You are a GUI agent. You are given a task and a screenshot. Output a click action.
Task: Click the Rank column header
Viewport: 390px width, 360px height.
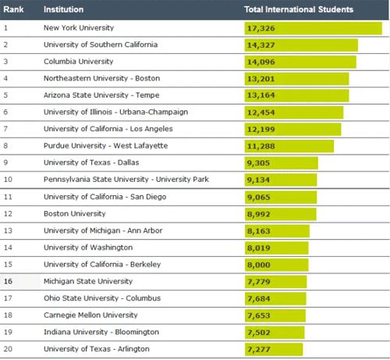pos(13,9)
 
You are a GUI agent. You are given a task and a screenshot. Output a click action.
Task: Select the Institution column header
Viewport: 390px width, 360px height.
pos(64,9)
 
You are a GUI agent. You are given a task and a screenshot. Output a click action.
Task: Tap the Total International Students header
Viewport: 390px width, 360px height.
pos(299,9)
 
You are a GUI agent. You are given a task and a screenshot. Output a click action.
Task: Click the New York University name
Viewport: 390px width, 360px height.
pos(79,27)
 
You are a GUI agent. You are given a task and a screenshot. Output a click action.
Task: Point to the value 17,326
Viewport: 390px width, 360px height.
pos(261,28)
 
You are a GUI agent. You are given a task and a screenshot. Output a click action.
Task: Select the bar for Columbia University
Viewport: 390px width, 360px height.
pos(300,62)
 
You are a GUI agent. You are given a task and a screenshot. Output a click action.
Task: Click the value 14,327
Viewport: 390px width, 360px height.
pos(261,45)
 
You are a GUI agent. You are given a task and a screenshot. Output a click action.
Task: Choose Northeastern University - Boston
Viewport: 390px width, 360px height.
pos(101,78)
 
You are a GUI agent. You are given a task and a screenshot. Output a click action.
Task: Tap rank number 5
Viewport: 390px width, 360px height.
pos(5,95)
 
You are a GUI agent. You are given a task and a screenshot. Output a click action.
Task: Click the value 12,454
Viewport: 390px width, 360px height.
pos(261,112)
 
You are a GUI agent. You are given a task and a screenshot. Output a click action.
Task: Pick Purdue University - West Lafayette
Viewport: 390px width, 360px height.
pos(105,145)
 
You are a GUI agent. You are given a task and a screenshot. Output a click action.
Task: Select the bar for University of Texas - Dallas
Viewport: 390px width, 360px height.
pos(281,163)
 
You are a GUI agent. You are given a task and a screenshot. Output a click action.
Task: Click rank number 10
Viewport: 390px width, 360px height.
pos(8,180)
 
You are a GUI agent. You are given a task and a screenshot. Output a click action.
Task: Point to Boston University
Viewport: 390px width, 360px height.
pos(75,214)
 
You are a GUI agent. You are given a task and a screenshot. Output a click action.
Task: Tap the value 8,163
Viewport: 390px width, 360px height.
pos(258,231)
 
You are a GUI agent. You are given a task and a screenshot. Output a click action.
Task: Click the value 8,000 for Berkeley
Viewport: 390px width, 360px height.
pos(258,265)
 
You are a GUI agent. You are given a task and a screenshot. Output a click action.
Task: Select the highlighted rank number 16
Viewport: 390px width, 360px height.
pos(8,281)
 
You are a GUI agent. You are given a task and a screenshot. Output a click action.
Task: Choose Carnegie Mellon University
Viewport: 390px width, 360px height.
pos(90,315)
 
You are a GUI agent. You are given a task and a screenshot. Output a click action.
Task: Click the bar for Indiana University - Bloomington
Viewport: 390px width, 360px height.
pos(275,333)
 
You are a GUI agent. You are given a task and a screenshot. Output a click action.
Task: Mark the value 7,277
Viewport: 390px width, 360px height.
pos(258,349)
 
